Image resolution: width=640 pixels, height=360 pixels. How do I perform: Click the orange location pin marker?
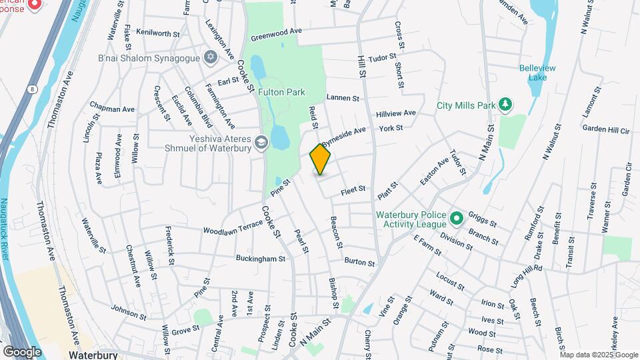tap(321, 159)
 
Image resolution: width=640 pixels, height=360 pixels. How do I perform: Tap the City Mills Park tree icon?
tap(506, 103)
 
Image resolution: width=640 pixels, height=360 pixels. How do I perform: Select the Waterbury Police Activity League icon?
tap(456, 218)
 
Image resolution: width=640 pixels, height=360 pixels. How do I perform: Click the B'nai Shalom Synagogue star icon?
tap(211, 57)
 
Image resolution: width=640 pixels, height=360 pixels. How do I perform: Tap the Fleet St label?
tap(353, 189)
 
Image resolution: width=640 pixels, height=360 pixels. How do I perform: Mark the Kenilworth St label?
tap(158, 31)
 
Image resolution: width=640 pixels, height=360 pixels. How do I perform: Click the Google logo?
tap(22, 351)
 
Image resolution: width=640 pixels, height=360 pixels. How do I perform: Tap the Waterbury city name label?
tap(93, 355)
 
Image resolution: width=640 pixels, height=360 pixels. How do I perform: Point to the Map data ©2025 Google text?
tap(599, 355)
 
